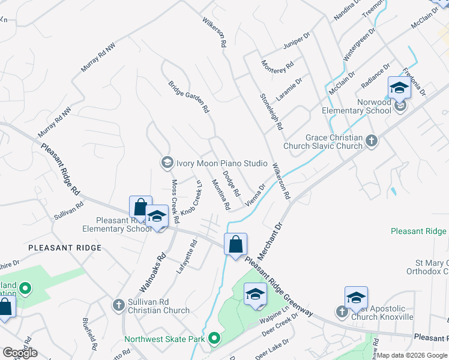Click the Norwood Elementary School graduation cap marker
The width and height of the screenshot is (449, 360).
coord(399,88)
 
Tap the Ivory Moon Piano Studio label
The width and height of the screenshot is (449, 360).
coord(221,163)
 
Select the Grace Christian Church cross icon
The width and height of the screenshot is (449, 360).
coord(372,141)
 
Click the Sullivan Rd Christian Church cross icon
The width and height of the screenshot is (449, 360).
coord(118,305)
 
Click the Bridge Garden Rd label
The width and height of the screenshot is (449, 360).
coord(188,98)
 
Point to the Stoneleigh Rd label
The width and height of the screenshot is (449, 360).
coord(271,112)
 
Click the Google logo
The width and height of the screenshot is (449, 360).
coord(19,353)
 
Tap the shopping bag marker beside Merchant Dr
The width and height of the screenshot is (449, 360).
coord(236,244)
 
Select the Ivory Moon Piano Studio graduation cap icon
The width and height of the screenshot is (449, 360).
coord(166,163)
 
